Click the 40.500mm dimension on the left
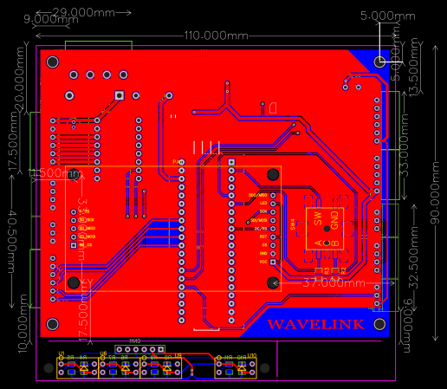(x=12, y=240)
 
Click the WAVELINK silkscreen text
(x=314, y=324)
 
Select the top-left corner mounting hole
(x=53, y=62)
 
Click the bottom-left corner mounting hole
(x=53, y=324)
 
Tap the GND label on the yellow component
(x=334, y=220)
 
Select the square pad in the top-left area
(x=120, y=95)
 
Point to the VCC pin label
(x=263, y=261)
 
